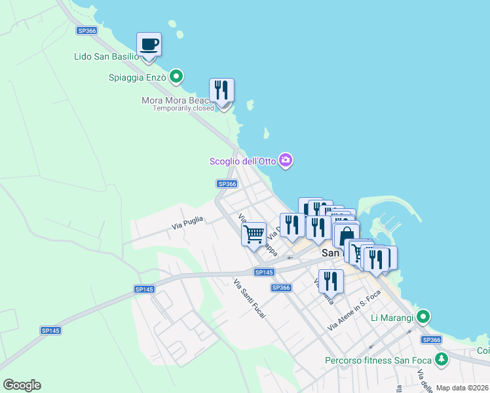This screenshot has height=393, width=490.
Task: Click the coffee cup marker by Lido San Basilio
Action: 149,45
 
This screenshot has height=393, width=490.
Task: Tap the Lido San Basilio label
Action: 106,56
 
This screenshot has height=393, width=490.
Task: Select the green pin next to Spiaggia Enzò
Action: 176,77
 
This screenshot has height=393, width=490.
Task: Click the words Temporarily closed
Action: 183,108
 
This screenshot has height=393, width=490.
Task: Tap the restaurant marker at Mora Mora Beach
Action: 222,90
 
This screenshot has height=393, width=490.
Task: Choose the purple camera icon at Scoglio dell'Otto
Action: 285,160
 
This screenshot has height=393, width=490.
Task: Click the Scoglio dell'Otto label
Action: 242,161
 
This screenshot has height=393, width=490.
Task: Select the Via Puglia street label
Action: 187,223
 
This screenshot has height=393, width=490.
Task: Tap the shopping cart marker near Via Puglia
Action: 254,233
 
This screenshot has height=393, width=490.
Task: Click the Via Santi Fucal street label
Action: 250,299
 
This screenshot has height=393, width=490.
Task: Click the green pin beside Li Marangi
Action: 423,318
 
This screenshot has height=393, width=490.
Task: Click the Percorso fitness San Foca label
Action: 380,360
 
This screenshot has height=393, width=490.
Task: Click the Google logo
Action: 22,385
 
